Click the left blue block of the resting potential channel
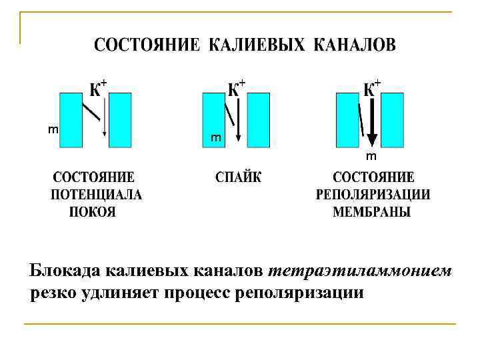(71, 119)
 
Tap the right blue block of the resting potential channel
(120, 119)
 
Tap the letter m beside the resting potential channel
(52, 129)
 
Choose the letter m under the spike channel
(215, 138)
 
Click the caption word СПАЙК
(239, 178)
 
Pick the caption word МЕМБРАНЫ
(372, 212)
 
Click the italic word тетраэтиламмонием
(360, 271)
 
